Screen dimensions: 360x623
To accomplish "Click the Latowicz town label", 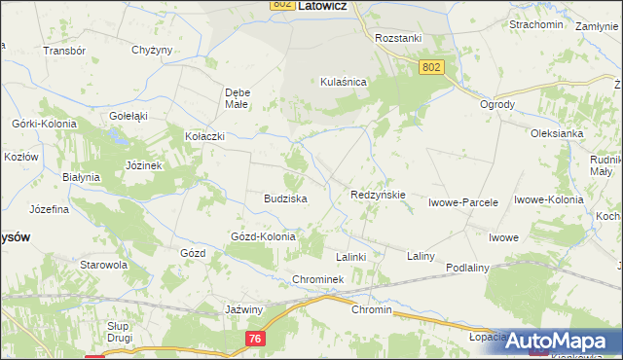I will click(x=325, y=6).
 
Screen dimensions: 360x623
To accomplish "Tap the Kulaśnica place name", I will click(x=343, y=83).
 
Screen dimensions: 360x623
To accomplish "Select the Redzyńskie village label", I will click(x=378, y=195).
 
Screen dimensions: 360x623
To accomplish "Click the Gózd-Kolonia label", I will click(x=263, y=236).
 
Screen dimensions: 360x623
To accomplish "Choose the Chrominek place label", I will click(x=318, y=280).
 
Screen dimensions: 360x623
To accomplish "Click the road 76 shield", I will click(x=255, y=337).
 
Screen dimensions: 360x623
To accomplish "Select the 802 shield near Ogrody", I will click(x=433, y=66).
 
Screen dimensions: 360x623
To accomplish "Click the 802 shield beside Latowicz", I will click(x=282, y=6).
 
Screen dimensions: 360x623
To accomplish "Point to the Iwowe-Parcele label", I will click(x=463, y=203).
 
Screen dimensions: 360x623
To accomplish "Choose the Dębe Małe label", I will click(x=238, y=97).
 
